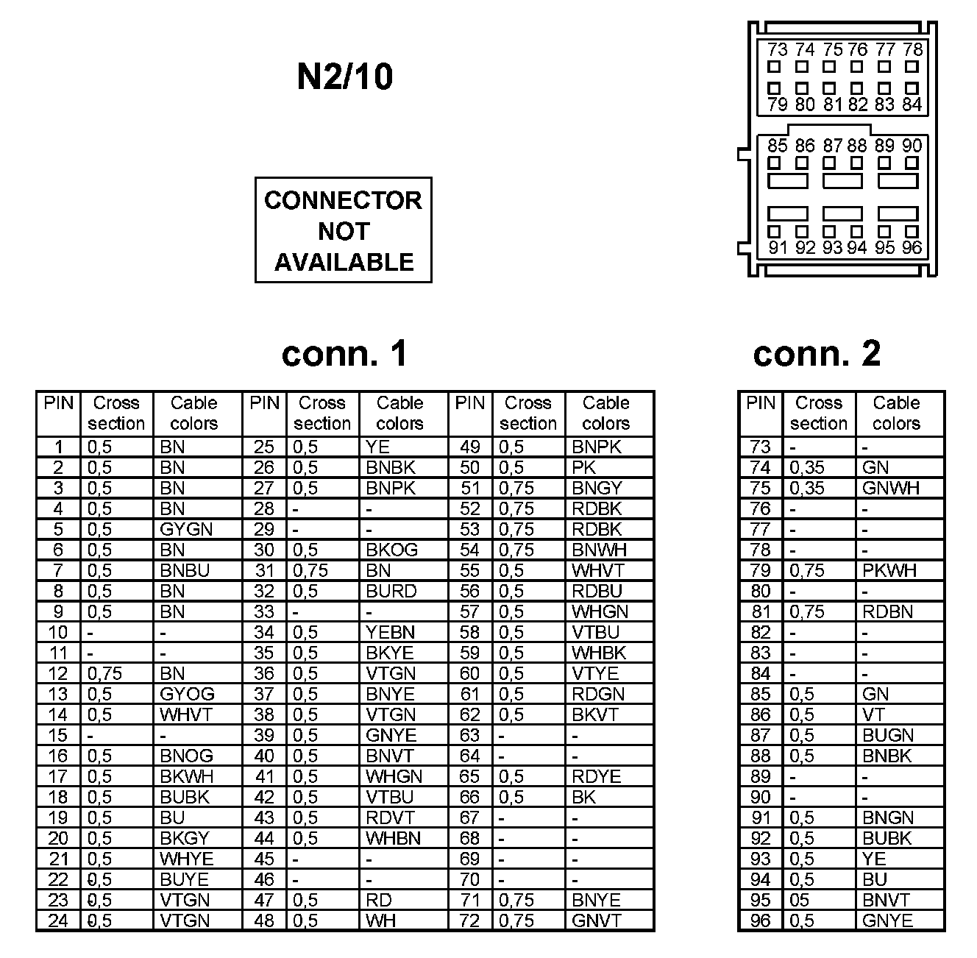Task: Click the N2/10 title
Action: click(344, 77)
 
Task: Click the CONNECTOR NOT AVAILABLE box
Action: click(343, 230)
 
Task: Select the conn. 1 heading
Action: click(344, 354)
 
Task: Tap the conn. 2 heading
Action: click(817, 354)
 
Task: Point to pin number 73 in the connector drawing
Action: click(777, 50)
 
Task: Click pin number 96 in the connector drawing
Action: click(912, 248)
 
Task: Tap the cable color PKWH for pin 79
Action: click(889, 571)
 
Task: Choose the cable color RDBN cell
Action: click(888, 612)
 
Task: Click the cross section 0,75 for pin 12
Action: click(105, 674)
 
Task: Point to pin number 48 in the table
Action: click(263, 921)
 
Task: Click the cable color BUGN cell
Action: click(888, 736)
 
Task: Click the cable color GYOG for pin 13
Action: click(187, 695)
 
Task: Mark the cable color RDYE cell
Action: click(596, 777)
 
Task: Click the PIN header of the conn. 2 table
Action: click(761, 403)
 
